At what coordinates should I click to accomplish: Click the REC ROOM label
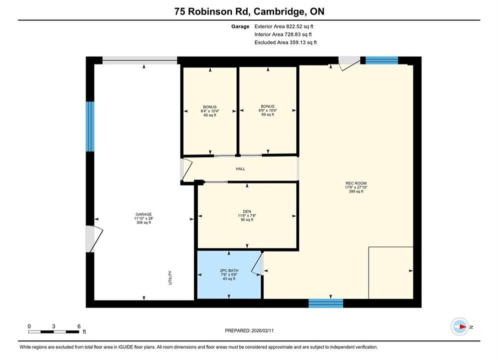pyautogui.click(x=356, y=183)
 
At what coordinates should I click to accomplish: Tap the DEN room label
pyautogui.click(x=247, y=211)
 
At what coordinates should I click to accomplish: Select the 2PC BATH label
pyautogui.click(x=229, y=270)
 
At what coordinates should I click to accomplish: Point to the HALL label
pyautogui.click(x=240, y=169)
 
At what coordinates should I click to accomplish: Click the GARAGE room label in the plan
pyautogui.click(x=144, y=214)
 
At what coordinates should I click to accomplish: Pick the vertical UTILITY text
pyautogui.click(x=170, y=277)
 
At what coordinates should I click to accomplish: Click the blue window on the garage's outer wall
pyautogui.click(x=90, y=126)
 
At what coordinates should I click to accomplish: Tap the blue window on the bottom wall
pyautogui.click(x=326, y=303)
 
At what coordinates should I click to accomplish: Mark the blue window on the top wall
pyautogui.click(x=382, y=60)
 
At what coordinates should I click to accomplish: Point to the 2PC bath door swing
pyautogui.click(x=257, y=263)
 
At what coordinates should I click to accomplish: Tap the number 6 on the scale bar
pyautogui.click(x=79, y=326)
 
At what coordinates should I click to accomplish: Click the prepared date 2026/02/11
pyautogui.click(x=262, y=330)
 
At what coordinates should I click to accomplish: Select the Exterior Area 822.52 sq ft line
pyautogui.click(x=284, y=26)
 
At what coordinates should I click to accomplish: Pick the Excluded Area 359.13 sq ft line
pyautogui.click(x=285, y=42)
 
